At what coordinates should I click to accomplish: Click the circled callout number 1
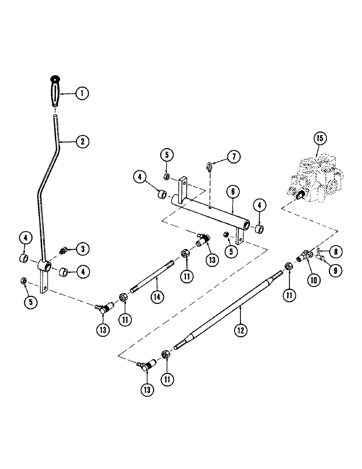pos(82,94)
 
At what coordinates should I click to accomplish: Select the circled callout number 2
pos(82,140)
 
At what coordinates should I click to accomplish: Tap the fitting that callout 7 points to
pos(209,166)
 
